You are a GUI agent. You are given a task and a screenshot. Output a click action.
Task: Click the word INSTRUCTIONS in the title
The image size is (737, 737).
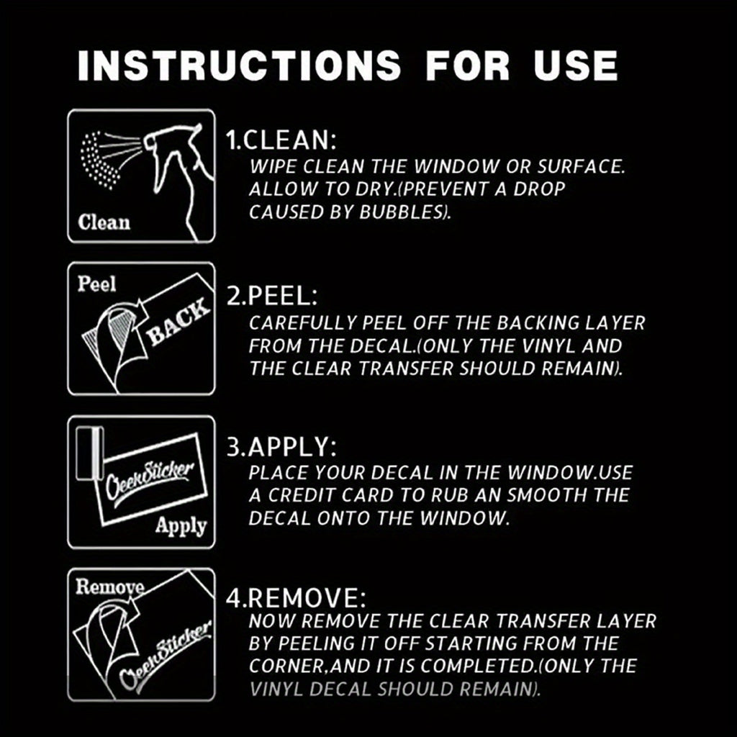pyautogui.click(x=239, y=65)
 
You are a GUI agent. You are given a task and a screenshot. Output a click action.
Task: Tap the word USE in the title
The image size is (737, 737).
pyautogui.click(x=575, y=65)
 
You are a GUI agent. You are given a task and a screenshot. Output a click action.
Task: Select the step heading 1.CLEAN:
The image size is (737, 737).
pyautogui.click(x=281, y=140)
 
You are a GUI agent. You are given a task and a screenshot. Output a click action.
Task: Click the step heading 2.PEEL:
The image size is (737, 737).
pyautogui.click(x=272, y=296)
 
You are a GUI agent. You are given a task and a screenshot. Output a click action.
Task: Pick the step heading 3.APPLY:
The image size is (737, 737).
pyautogui.click(x=281, y=447)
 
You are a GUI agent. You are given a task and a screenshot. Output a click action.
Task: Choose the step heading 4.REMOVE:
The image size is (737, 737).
pyautogui.click(x=296, y=598)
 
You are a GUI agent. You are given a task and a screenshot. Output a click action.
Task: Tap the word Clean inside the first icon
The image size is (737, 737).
pyautogui.click(x=104, y=222)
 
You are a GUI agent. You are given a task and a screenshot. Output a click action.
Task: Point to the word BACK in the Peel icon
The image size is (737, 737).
pyautogui.click(x=177, y=321)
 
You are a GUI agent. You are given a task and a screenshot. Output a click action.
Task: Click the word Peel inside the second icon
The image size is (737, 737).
pyautogui.click(x=96, y=284)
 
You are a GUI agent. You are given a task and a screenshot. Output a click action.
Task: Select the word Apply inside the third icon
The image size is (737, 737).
pyautogui.click(x=181, y=526)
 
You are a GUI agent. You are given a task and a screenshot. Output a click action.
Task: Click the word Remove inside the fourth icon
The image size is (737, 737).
pyautogui.click(x=109, y=587)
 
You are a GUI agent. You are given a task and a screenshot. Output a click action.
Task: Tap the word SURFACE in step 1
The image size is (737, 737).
pyautogui.click(x=581, y=167)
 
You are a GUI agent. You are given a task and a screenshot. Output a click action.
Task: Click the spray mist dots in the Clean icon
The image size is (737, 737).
pyautogui.click(x=99, y=160)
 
